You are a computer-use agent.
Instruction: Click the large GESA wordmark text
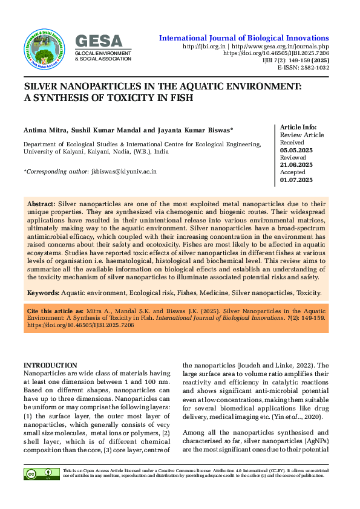(x=99, y=41)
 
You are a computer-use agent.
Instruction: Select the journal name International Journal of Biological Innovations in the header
(x=244, y=38)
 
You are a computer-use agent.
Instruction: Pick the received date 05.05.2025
(x=296, y=149)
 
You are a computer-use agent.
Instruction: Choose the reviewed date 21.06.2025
(x=296, y=164)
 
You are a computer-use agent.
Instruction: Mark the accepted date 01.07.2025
(x=296, y=180)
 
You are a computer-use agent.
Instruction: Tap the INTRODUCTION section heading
(x=50, y=365)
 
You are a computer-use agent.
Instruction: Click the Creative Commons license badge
(x=33, y=474)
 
